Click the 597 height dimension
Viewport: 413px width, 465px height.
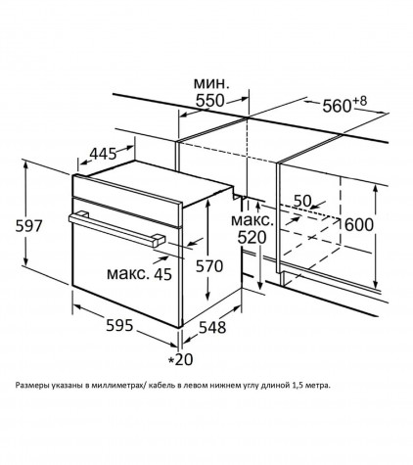[x=29, y=226]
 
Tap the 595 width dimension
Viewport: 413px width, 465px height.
[x=119, y=325]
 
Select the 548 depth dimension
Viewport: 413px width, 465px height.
[x=212, y=327]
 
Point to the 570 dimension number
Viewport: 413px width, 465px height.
[x=209, y=266]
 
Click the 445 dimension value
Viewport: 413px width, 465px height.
[x=103, y=154]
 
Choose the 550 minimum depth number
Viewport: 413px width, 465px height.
[x=210, y=101]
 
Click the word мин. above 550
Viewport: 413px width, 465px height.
[x=211, y=83]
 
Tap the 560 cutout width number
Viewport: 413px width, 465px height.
[x=337, y=106]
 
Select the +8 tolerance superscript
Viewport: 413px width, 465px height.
[x=359, y=101]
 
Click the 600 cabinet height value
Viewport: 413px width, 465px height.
[x=359, y=225]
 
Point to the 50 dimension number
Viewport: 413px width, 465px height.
[x=302, y=201]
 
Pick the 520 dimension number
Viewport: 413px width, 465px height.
[x=252, y=238]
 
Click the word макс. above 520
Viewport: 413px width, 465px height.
[x=252, y=220]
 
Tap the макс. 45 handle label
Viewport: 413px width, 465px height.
[x=139, y=274]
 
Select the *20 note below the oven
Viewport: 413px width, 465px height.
[x=180, y=359]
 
